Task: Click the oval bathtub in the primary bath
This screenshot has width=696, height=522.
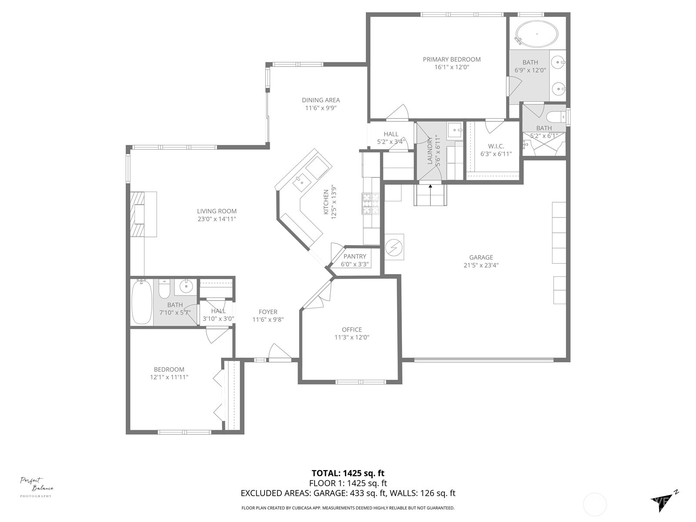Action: pyautogui.click(x=536, y=33)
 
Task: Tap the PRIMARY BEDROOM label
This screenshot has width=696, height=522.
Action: pyautogui.click(x=452, y=59)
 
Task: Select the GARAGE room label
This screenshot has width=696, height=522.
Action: pyautogui.click(x=481, y=258)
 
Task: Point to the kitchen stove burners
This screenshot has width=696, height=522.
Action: pyautogui.click(x=371, y=204)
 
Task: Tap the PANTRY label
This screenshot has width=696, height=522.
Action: pyautogui.click(x=355, y=256)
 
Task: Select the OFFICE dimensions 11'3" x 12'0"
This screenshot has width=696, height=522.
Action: pyautogui.click(x=351, y=337)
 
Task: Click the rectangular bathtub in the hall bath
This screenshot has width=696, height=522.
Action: pyautogui.click(x=141, y=302)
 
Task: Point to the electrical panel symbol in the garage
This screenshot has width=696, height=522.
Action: pyautogui.click(x=394, y=247)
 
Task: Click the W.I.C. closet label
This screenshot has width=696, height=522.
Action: pyautogui.click(x=496, y=146)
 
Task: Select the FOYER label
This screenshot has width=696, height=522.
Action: pyautogui.click(x=268, y=311)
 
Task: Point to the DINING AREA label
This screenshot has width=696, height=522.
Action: pyautogui.click(x=321, y=100)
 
